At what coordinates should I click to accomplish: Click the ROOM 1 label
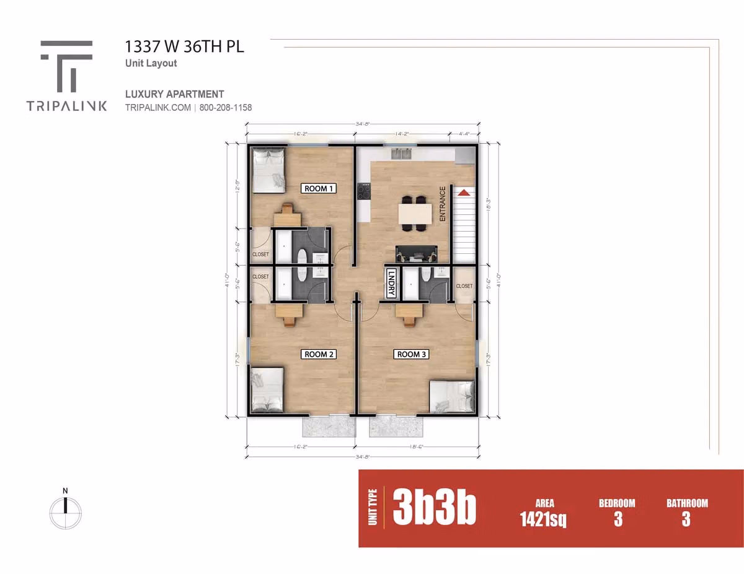(x=319, y=188)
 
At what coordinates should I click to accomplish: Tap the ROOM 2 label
(x=319, y=354)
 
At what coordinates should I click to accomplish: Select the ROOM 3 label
(x=411, y=354)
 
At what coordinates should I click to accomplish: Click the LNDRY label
(x=391, y=284)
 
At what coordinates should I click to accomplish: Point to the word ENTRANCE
(x=443, y=204)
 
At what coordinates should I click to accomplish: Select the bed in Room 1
(x=268, y=168)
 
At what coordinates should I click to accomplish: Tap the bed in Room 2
(x=267, y=390)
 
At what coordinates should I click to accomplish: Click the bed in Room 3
(x=453, y=396)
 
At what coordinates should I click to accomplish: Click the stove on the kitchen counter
(x=363, y=191)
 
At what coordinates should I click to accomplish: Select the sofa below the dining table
(x=415, y=253)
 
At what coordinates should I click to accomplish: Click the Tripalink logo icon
(x=67, y=66)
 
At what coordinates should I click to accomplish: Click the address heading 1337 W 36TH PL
(x=185, y=47)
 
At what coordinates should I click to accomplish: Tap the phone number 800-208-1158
(x=225, y=107)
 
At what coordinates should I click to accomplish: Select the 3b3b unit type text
(x=434, y=510)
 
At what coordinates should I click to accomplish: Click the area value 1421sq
(x=543, y=519)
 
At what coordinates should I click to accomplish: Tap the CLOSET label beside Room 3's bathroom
(x=464, y=286)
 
